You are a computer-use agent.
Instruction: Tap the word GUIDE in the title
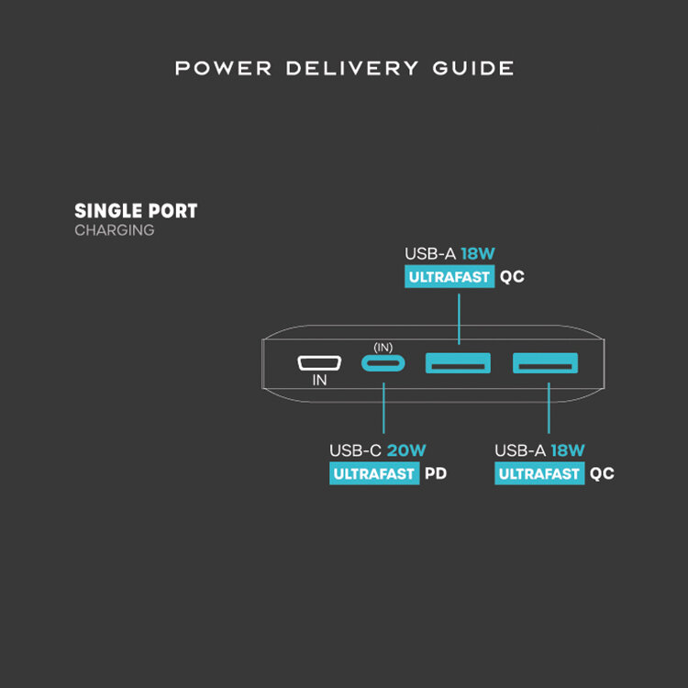pos(472,69)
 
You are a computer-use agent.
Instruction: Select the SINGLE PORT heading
pos(136,211)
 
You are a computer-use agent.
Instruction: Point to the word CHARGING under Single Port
pos(114,230)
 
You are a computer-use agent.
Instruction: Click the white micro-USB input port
pos(320,363)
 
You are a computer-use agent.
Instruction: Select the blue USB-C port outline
pos(383,363)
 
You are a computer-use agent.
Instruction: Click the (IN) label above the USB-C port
pos(383,348)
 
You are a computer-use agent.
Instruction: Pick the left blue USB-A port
pos(457,363)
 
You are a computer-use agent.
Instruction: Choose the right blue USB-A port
pos(546,363)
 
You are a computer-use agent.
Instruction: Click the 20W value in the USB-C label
pos(406,450)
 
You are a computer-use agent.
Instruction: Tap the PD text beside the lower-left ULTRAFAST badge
pos(436,474)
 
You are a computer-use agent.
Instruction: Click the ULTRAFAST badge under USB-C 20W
pos(374,474)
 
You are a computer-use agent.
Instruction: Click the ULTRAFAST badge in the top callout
pos(449,276)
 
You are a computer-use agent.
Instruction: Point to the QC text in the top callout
pos(512,276)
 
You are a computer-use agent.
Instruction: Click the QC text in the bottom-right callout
pos(602,474)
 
